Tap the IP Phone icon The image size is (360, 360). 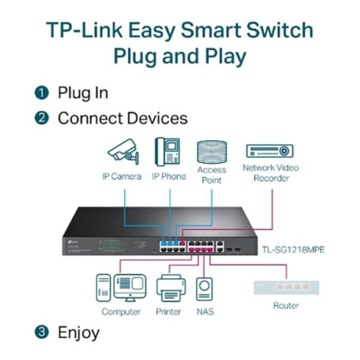tap(168, 151)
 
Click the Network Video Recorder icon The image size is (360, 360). tap(270, 151)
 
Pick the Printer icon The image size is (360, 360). tap(169, 289)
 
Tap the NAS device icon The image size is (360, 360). tap(205, 290)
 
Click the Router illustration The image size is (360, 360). tap(286, 288)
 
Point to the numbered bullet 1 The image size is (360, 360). tap(41, 93)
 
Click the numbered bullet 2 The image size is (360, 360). tap(41, 119)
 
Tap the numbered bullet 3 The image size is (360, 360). tap(41, 333)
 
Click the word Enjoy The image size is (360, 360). tap(79, 333)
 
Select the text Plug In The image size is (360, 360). tap(83, 93)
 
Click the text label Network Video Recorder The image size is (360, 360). tap(270, 172)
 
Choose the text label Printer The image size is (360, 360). tap(169, 312)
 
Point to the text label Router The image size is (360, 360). tap(286, 305)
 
